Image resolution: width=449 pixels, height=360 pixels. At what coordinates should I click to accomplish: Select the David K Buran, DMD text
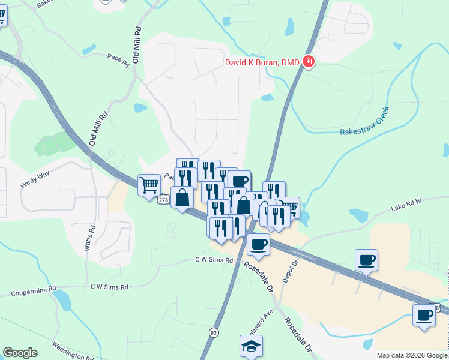click(263, 62)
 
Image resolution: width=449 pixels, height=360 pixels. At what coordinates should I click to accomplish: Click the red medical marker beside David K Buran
click(309, 62)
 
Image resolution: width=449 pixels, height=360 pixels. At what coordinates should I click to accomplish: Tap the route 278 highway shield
click(163, 199)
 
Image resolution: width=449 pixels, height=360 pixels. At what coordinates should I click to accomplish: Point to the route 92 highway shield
click(214, 331)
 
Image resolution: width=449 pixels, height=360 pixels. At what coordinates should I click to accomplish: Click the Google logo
click(20, 353)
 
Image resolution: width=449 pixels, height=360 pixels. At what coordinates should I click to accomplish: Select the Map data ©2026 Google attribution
click(411, 355)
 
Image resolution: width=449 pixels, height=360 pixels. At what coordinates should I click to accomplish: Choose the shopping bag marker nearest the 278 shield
click(182, 197)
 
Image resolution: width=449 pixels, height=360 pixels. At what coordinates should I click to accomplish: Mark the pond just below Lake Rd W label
click(358, 215)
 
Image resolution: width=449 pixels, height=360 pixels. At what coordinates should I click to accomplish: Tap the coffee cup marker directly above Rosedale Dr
click(258, 244)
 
